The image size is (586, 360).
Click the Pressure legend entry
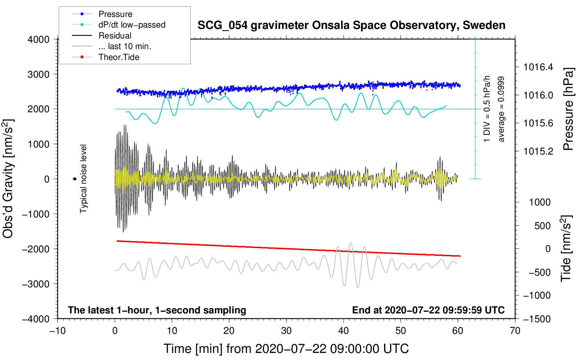[115, 14]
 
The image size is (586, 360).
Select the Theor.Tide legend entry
[119, 57]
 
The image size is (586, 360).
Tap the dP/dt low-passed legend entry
[132, 25]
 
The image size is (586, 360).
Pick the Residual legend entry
[115, 36]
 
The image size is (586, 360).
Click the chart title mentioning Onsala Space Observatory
[351, 25]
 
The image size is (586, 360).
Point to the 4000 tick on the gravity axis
[38, 40]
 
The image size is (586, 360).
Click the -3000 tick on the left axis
[36, 284]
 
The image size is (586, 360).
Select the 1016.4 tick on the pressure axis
[538, 67]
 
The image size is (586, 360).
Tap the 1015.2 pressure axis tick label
[538, 151]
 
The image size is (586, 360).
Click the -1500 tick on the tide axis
[537, 319]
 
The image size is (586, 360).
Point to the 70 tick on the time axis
[515, 331]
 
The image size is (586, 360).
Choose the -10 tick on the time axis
[58, 331]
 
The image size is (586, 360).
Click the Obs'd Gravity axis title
[8, 179]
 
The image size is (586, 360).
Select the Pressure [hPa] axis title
[568, 109]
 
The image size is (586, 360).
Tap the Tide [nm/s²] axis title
[566, 248]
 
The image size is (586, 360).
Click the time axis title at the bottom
[286, 349]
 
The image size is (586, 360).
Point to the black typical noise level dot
[74, 179]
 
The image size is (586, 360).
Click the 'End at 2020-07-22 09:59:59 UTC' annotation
[428, 310]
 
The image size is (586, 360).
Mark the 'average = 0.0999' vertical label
[501, 109]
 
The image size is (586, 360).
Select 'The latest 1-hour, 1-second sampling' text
[157, 310]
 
